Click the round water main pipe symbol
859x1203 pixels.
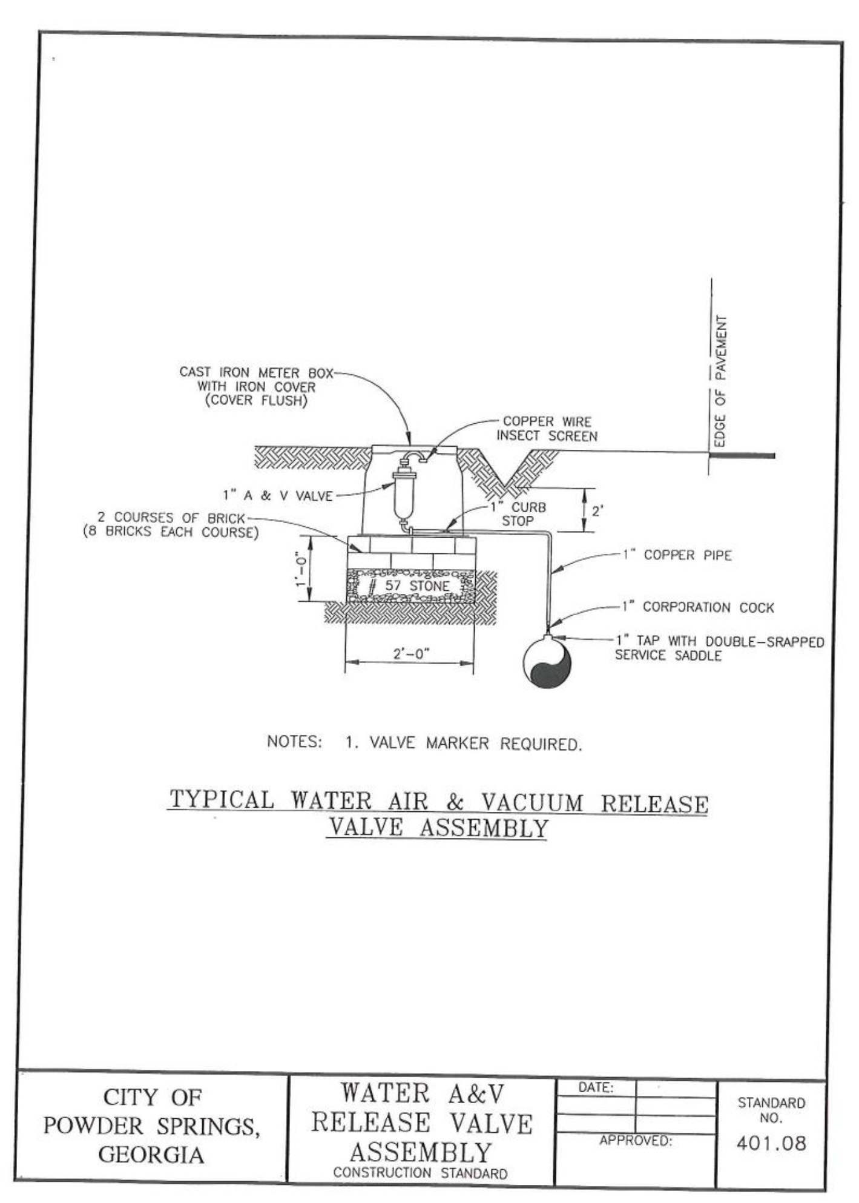547,661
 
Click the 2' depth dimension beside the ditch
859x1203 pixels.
597,511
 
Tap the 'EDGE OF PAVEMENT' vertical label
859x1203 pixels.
720,381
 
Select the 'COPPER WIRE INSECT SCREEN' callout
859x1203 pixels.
547,429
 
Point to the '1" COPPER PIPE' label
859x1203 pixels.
677,555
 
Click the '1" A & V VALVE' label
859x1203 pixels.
278,496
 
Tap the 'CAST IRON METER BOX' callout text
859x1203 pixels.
257,372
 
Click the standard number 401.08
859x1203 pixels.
771,1143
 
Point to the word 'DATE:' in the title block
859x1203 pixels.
596,1087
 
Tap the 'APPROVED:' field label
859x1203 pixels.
636,1141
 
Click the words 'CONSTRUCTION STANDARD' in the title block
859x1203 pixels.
420,1173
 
